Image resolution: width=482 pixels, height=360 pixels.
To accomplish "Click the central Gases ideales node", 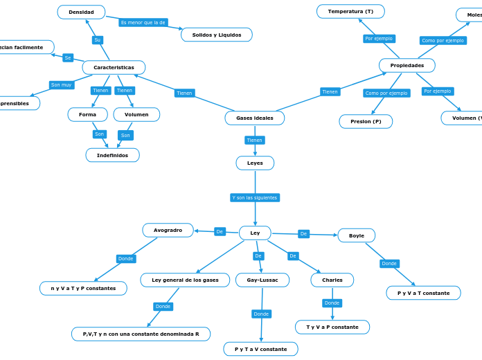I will pyautogui.click(x=254, y=118).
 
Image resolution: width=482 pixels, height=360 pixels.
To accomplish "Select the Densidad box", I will pyautogui.click(x=81, y=12).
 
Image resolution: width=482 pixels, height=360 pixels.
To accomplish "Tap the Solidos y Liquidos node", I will pyautogui.click(x=216, y=35).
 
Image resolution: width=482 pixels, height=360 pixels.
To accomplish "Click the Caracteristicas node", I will pyautogui.click(x=114, y=67).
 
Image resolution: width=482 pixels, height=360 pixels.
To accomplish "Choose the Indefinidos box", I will pyautogui.click(x=112, y=155).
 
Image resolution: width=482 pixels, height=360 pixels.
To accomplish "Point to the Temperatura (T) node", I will pyautogui.click(x=350, y=11).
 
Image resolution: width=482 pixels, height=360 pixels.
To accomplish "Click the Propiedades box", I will pyautogui.click(x=407, y=65).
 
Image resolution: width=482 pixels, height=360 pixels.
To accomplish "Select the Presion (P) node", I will pyautogui.click(x=366, y=121).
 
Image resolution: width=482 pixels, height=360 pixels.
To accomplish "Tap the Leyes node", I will pyautogui.click(x=255, y=163).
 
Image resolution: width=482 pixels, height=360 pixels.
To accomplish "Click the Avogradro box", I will pyautogui.click(x=168, y=230).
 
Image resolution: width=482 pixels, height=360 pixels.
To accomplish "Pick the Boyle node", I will pyautogui.click(x=356, y=235).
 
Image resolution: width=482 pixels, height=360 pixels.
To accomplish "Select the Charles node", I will pyautogui.click(x=332, y=280).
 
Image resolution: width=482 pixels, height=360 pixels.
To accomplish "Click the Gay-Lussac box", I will pyautogui.click(x=262, y=280).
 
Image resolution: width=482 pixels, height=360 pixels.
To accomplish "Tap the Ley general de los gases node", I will pyautogui.click(x=185, y=280).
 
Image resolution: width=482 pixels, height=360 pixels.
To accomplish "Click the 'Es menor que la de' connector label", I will pyautogui.click(x=143, y=22).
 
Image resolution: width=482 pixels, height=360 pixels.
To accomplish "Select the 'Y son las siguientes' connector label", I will pyautogui.click(x=255, y=197).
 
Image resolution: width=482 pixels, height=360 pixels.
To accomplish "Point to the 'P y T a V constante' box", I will pyautogui.click(x=260, y=349).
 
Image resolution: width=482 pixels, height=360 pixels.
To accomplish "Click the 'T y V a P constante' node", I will pyautogui.click(x=332, y=327).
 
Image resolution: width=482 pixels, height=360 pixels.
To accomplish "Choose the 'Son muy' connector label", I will pyautogui.click(x=61, y=85).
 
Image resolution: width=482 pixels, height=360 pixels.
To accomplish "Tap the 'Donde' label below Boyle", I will pyautogui.click(x=389, y=263).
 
